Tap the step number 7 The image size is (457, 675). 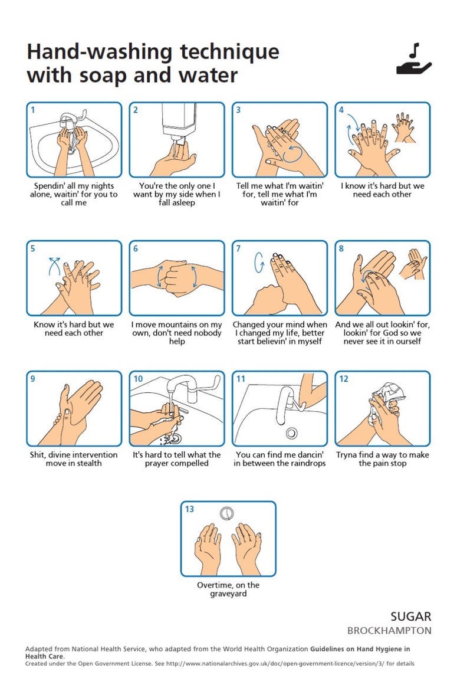(238, 248)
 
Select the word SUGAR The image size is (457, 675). (410, 617)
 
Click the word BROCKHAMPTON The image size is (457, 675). (389, 631)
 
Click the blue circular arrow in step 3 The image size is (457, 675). (292, 154)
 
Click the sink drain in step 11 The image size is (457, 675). (291, 432)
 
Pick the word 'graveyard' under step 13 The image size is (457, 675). (229, 594)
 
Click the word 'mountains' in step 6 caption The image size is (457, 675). (180, 325)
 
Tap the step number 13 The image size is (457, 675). (189, 509)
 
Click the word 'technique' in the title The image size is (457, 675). (230, 51)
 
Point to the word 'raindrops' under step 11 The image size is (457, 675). (306, 464)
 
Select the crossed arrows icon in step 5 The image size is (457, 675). (54, 266)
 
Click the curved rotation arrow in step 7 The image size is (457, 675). (259, 263)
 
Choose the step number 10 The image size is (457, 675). (138, 379)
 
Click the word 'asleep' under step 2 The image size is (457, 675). (183, 203)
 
